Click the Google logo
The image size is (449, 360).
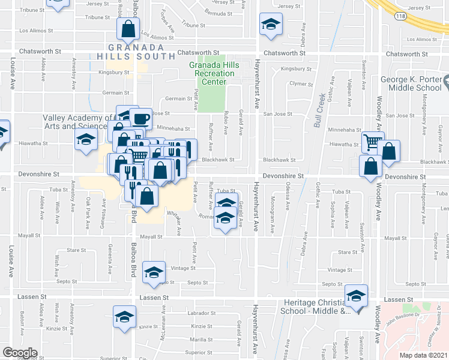click(x=20, y=353)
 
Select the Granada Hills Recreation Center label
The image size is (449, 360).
click(x=214, y=73)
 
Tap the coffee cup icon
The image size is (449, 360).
click(x=140, y=118)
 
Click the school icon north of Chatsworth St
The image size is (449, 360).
click(x=270, y=25)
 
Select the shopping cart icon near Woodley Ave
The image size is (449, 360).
click(x=372, y=142)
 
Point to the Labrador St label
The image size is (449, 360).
click(x=201, y=313)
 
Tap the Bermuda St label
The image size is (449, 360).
click(x=217, y=13)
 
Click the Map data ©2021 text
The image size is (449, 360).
click(x=423, y=355)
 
